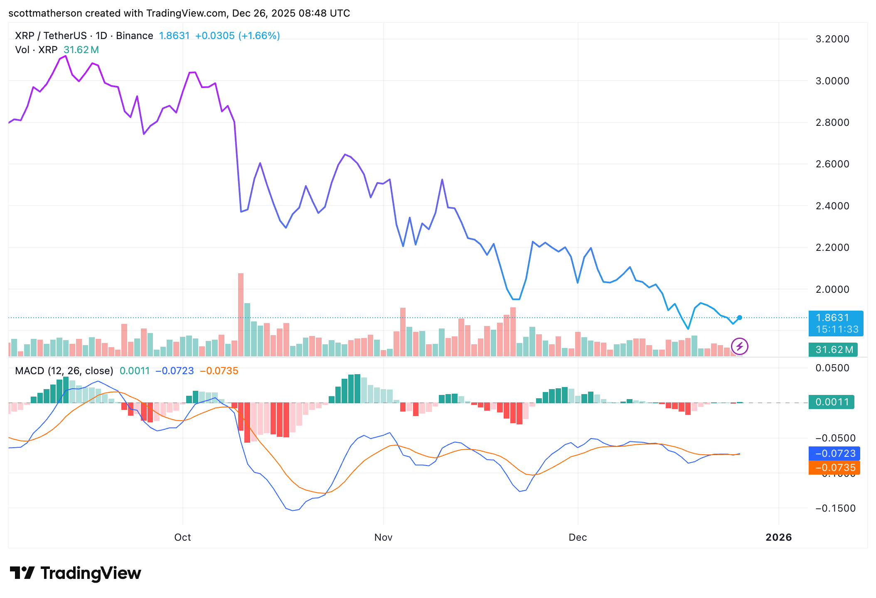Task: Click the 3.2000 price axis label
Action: pyautogui.click(x=832, y=39)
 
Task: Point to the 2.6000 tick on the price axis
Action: pyautogui.click(x=832, y=164)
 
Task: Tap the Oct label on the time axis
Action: pyautogui.click(x=182, y=537)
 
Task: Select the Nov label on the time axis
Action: pyautogui.click(x=383, y=537)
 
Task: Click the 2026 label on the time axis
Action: pyautogui.click(x=778, y=537)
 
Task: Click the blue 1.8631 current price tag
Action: pyautogui.click(x=836, y=323)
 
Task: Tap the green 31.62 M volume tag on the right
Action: pyautogui.click(x=832, y=350)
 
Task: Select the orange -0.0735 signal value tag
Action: pyautogui.click(x=834, y=468)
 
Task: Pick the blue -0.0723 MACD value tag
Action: pyautogui.click(x=834, y=453)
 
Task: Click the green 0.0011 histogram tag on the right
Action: pyautogui.click(x=831, y=402)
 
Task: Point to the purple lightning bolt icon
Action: pyautogui.click(x=740, y=346)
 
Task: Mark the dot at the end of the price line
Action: pyautogui.click(x=740, y=318)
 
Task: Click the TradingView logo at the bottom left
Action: pyautogui.click(x=75, y=573)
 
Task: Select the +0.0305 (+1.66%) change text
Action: pyautogui.click(x=237, y=36)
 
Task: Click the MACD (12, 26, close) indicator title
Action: pyautogui.click(x=64, y=371)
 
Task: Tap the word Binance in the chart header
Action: pyautogui.click(x=135, y=36)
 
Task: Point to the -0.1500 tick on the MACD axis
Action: pyautogui.click(x=835, y=508)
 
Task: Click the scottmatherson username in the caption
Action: pyautogui.click(x=45, y=13)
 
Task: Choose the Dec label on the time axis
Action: pyautogui.click(x=578, y=537)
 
